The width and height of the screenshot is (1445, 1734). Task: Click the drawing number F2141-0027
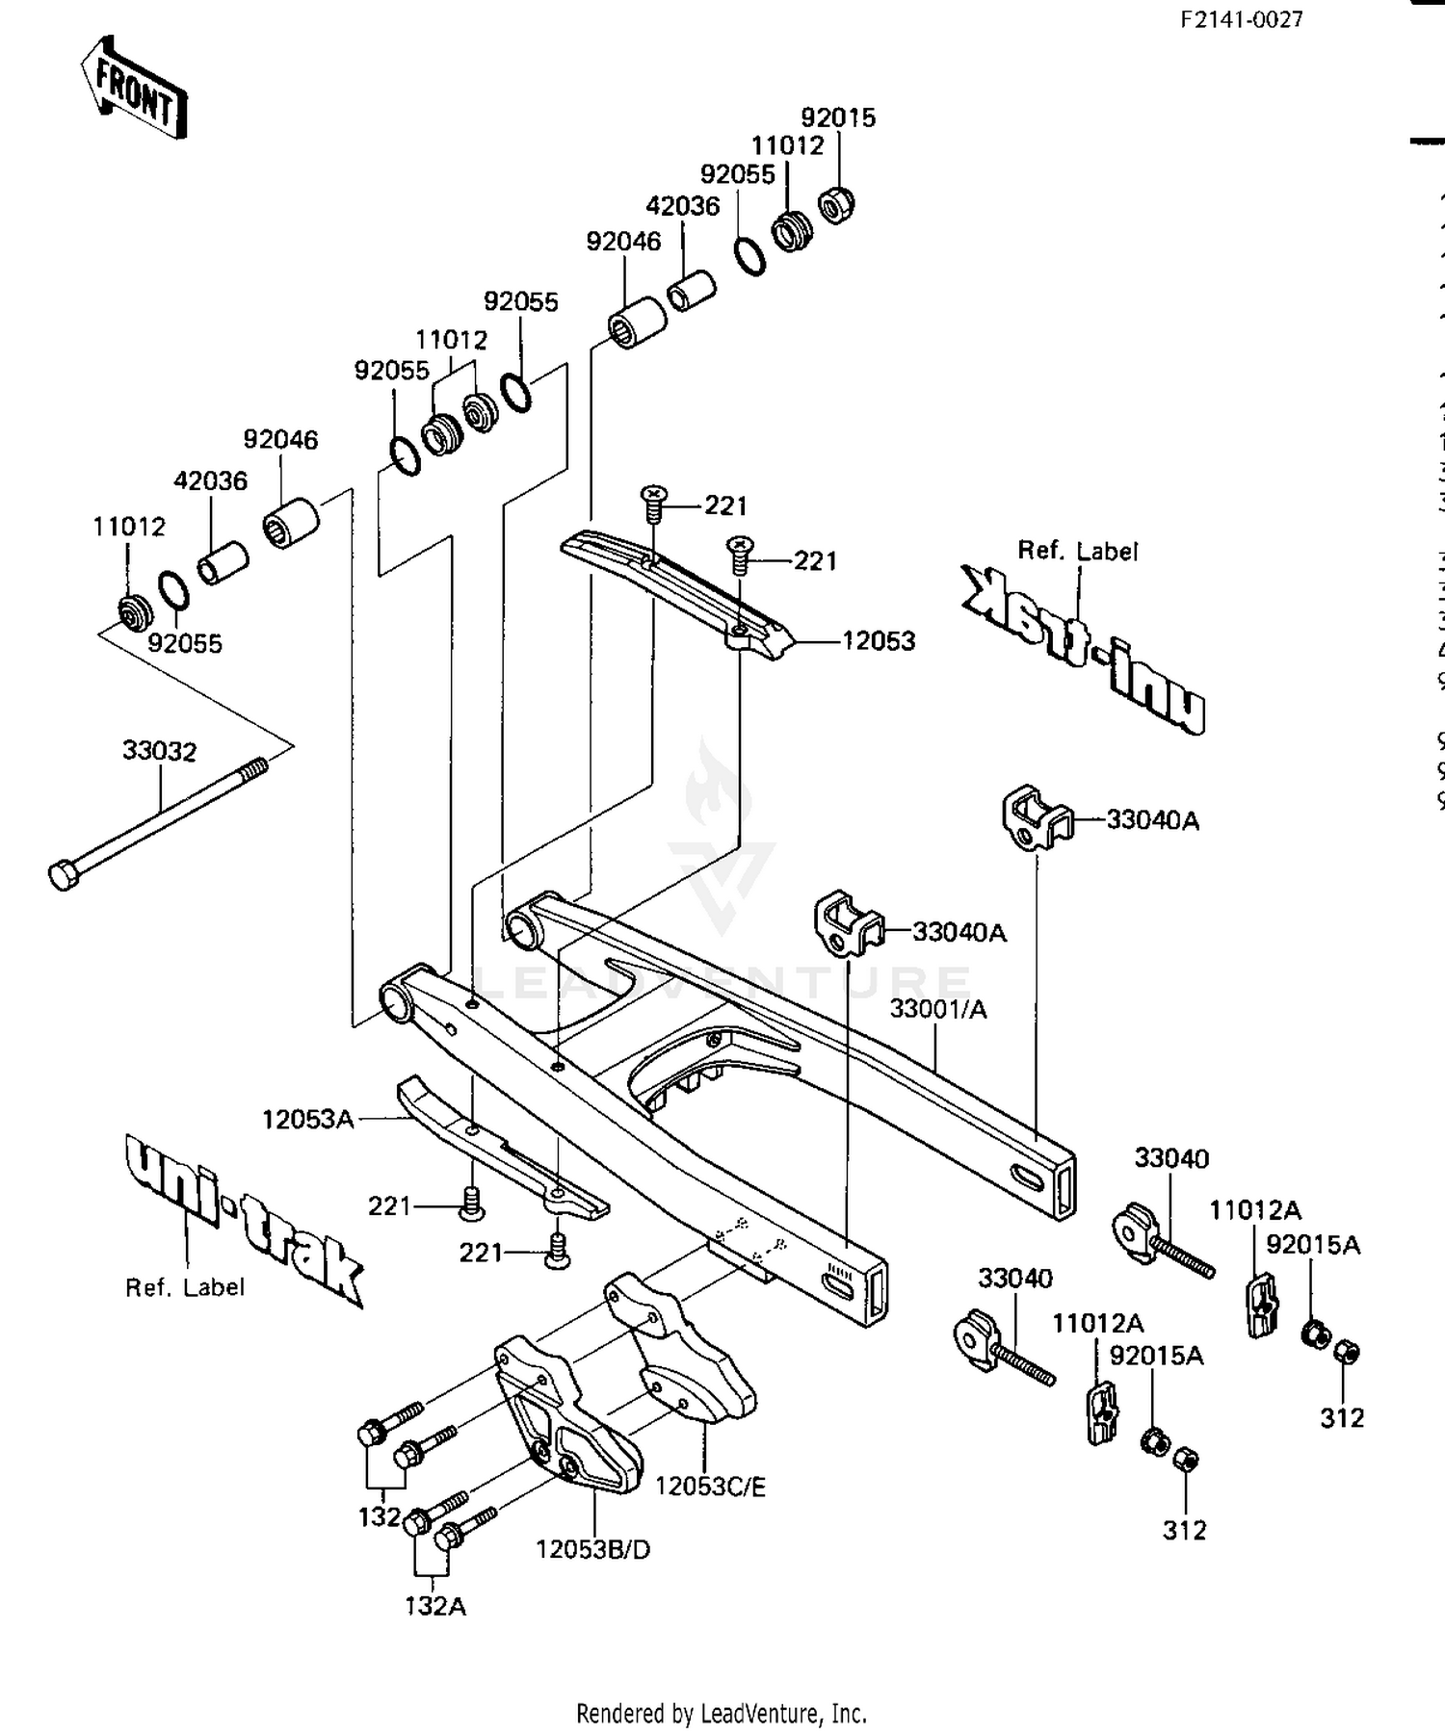(1242, 19)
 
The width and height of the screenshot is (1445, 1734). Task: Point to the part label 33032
(159, 750)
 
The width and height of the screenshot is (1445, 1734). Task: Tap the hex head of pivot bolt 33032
(64, 875)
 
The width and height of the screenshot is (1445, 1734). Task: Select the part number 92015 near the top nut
(838, 117)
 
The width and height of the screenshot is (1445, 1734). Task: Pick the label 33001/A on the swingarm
(937, 1009)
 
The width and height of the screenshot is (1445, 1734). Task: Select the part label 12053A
(308, 1119)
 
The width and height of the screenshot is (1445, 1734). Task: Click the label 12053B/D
(593, 1549)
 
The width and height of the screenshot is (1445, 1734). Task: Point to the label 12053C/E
(710, 1487)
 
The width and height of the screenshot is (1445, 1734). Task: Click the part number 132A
(435, 1606)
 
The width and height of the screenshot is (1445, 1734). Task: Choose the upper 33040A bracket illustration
(1035, 818)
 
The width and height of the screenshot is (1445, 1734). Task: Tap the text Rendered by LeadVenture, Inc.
(722, 1714)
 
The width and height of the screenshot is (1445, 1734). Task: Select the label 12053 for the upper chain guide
(878, 640)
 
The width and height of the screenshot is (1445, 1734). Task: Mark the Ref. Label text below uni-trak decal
(185, 1287)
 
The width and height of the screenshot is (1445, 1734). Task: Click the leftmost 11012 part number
(129, 527)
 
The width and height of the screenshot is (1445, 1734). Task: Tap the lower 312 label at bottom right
(1184, 1530)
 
